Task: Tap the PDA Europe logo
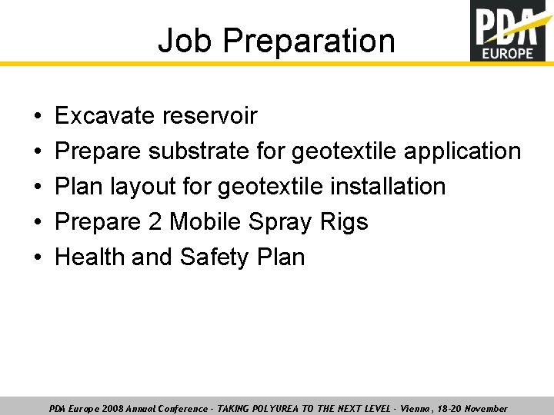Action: [x=512, y=31]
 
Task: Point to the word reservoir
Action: [x=210, y=115]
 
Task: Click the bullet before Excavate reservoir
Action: [x=37, y=116]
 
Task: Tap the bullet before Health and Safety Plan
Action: [x=37, y=257]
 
